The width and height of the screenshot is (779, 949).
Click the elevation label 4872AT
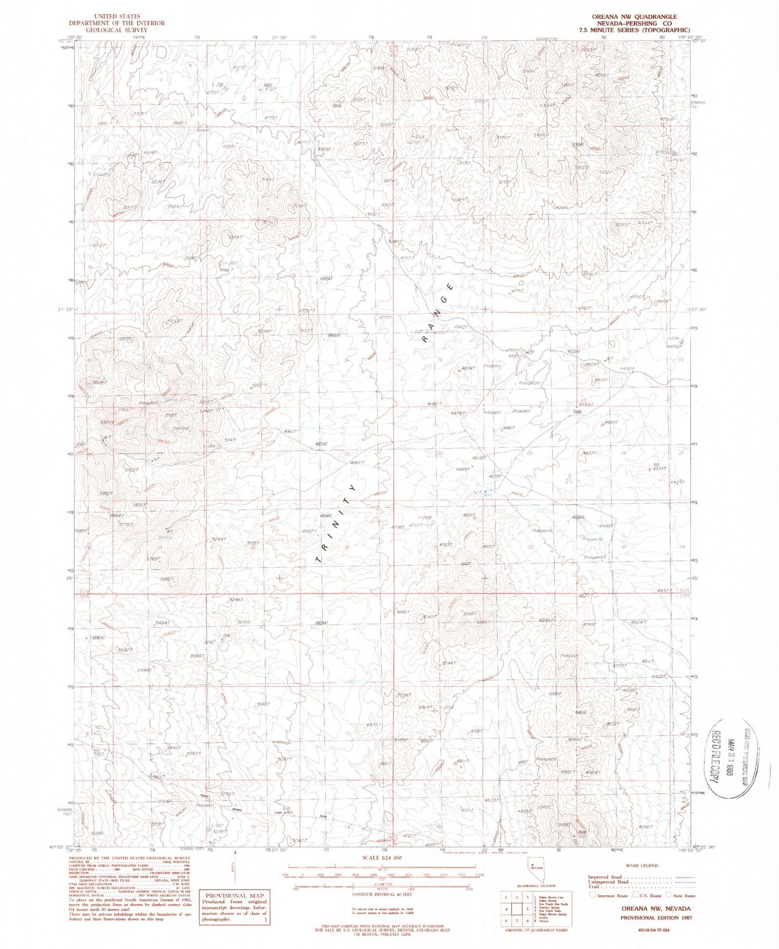pyautogui.click(x=321, y=444)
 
